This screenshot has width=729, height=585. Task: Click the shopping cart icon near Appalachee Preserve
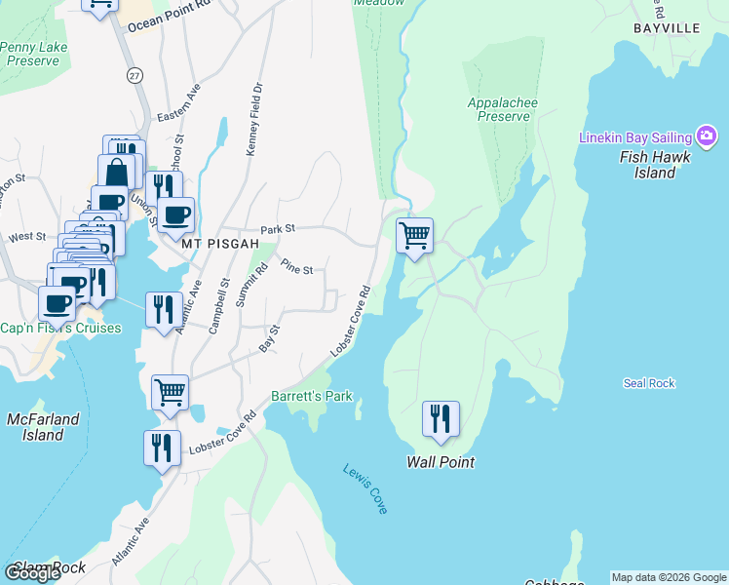(x=415, y=235)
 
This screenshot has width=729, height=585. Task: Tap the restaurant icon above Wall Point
(x=441, y=418)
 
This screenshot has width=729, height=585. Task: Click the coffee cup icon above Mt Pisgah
(x=176, y=214)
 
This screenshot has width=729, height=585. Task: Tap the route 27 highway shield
(x=133, y=75)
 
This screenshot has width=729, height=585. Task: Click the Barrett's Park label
(x=311, y=397)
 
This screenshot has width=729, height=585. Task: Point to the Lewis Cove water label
(x=365, y=488)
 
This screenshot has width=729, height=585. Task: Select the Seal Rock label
(x=649, y=383)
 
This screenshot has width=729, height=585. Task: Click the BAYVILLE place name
(x=667, y=28)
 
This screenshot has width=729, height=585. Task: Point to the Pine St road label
(x=296, y=266)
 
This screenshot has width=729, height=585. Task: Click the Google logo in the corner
(x=32, y=573)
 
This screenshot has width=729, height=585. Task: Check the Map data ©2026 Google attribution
(x=669, y=577)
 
